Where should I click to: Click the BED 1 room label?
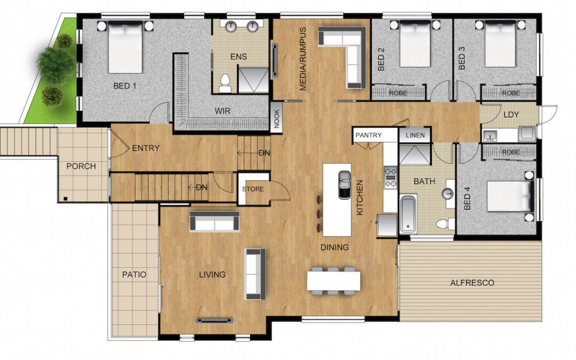coord(124,86)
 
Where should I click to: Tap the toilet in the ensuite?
coord(225,83)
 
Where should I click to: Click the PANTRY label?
coord(369,135)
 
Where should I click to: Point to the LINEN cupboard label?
coord(415,135)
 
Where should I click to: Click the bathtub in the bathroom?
coord(408,214)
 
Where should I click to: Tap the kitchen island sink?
coord(345,185)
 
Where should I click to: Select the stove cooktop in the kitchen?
coord(390,178)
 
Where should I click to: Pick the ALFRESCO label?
coord(472,283)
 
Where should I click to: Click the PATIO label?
coord(134,275)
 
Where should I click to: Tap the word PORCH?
coord(81,166)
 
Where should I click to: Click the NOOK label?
coord(277,118)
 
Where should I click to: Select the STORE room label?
coord(253,189)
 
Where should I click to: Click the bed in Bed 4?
coord(510,196)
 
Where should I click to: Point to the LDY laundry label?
coord(511,115)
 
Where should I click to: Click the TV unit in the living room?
coord(214,321)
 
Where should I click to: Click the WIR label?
coord(222,111)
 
